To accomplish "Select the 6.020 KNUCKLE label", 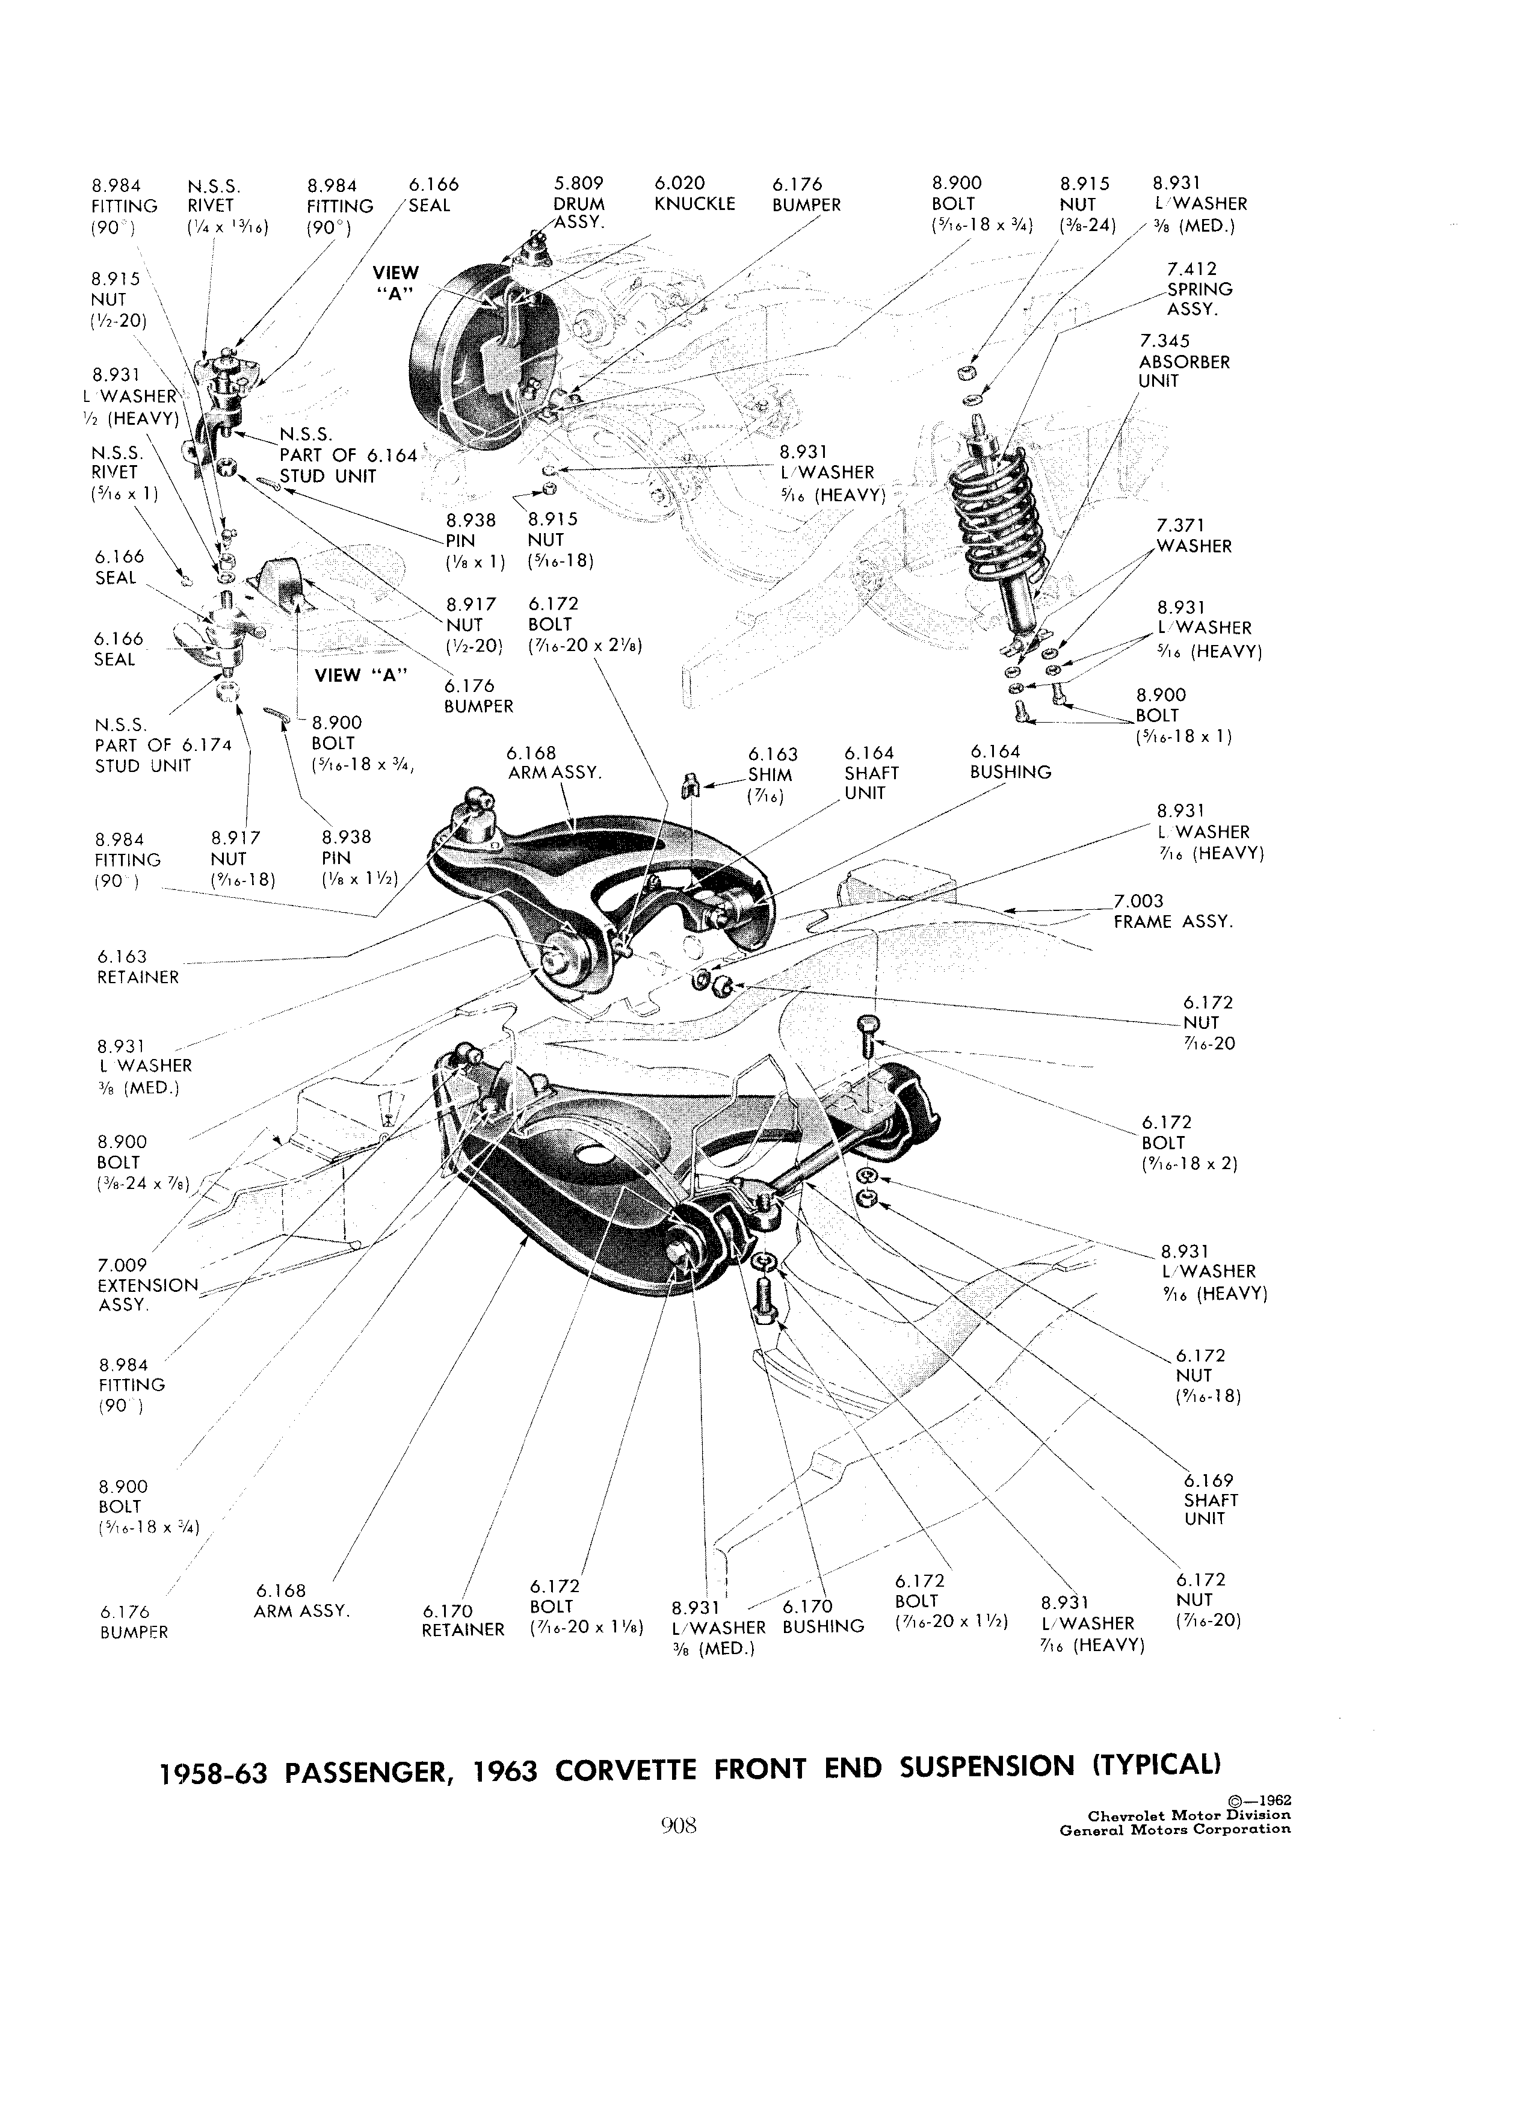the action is pyautogui.click(x=695, y=193).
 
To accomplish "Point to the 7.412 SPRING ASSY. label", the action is pyautogui.click(x=1199, y=289).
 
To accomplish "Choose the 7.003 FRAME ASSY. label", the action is pyautogui.click(x=1173, y=910).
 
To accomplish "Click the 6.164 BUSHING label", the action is pyautogui.click(x=1010, y=762).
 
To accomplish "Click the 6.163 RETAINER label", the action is pyautogui.click(x=137, y=966).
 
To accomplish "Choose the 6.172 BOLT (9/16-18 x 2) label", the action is pyautogui.click(x=1189, y=1143).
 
